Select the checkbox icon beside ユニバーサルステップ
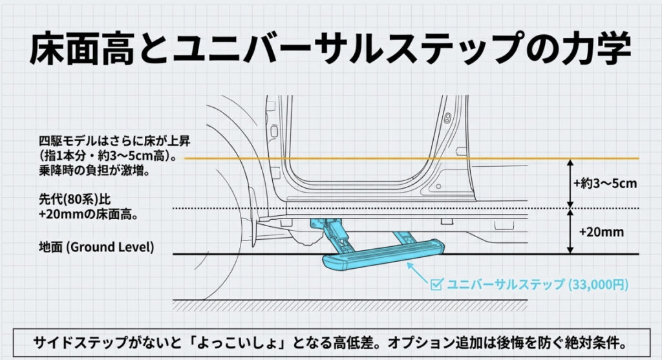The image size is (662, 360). tap(436, 283)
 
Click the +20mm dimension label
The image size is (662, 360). tap(601, 231)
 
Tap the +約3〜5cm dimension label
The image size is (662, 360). tap(605, 183)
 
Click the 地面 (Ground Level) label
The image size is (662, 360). tap(96, 247)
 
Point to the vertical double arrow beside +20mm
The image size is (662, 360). tap(570, 231)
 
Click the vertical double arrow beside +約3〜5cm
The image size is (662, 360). tap(570, 183)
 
